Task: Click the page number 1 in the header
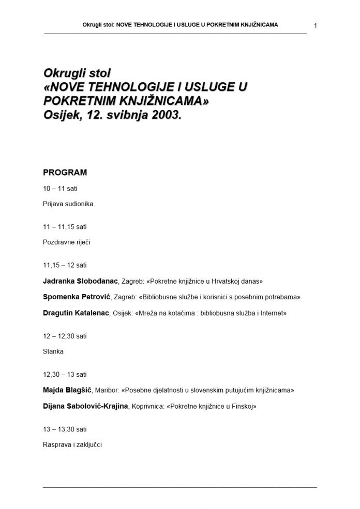coord(316,26)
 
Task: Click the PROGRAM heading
coord(65,172)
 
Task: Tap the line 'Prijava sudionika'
coord(68,204)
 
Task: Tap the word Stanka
coord(53,351)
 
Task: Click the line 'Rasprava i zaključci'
coord(72,443)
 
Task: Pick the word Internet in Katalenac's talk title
coord(271,313)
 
